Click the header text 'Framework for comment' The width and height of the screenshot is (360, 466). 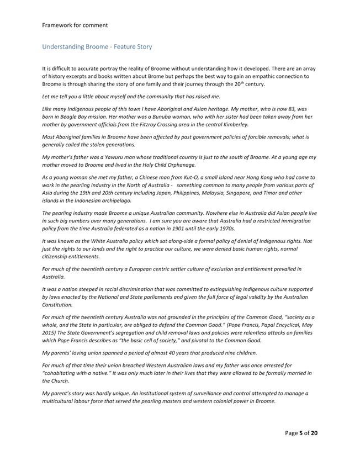click(75, 25)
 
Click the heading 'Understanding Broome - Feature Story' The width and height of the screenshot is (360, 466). click(97, 47)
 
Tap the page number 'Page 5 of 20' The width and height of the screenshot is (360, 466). click(301, 433)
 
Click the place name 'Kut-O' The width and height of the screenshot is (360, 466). click(202, 177)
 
